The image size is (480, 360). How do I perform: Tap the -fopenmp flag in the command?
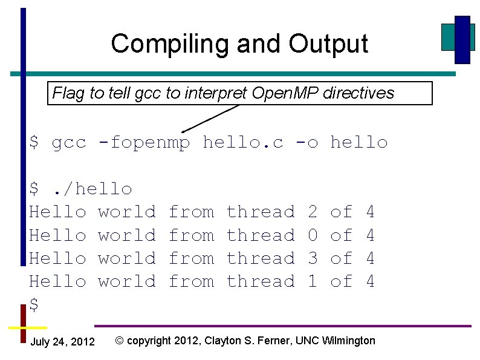144,143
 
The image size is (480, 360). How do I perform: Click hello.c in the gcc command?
243,143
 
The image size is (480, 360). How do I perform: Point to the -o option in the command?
306,143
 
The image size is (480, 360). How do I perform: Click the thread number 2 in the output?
313,212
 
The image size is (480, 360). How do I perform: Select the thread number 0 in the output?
313,235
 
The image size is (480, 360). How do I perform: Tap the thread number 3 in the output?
313,258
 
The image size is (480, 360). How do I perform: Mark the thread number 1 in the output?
313,281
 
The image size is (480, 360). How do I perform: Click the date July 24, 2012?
62,342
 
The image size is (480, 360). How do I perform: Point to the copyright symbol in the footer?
120,341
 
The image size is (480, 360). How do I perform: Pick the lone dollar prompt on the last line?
34,305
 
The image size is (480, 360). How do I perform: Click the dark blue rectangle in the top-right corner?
462,39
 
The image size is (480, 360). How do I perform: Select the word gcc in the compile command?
69,143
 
